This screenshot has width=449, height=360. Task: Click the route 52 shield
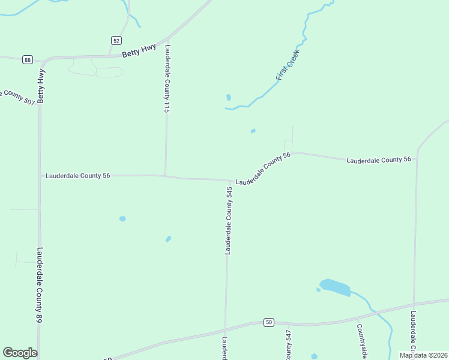(116, 40)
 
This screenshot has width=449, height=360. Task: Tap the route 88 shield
(28, 59)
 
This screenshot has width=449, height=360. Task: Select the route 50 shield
(269, 322)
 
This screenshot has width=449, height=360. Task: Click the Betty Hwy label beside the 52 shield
(139, 50)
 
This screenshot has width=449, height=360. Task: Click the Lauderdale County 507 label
(17, 97)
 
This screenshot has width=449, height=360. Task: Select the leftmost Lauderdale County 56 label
(78, 176)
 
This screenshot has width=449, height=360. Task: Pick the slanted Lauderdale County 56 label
(263, 169)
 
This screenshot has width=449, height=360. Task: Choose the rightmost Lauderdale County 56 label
(378, 160)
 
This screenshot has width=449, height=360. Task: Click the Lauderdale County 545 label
(229, 220)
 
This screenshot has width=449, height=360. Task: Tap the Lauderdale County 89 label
(40, 286)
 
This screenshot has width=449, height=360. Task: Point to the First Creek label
(288, 65)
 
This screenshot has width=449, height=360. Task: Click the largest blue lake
(335, 287)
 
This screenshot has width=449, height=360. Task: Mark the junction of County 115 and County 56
(165, 176)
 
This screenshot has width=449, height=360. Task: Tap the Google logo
(20, 353)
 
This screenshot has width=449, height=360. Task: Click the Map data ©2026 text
(423, 355)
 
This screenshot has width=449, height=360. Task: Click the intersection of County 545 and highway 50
(225, 331)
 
